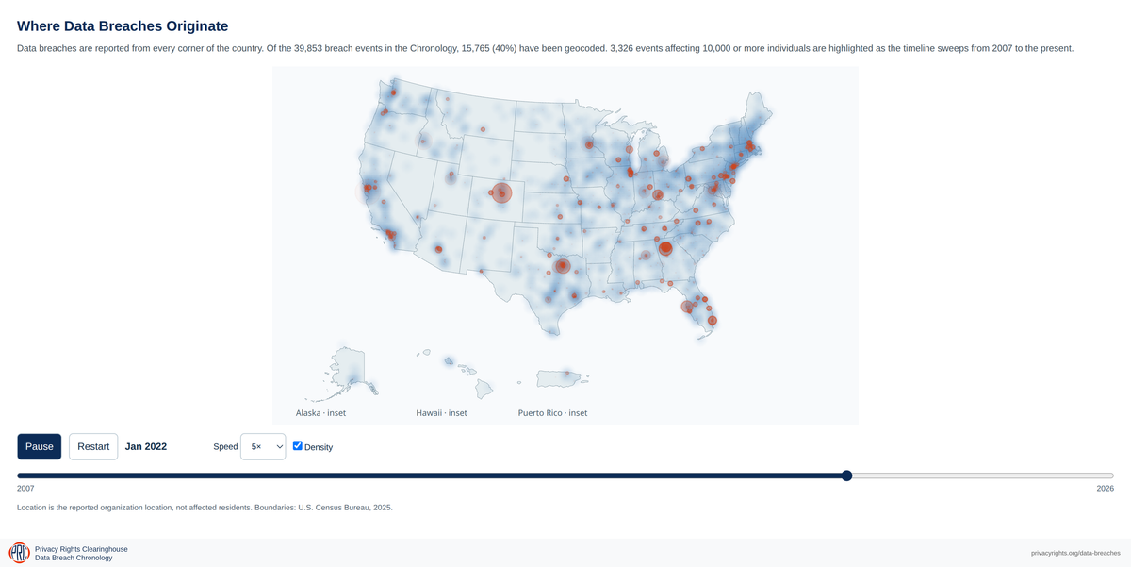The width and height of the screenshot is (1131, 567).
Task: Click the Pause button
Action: pos(40,447)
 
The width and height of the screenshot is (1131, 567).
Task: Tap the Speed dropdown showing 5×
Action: pos(263,447)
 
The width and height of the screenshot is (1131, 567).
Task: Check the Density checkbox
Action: pos(298,445)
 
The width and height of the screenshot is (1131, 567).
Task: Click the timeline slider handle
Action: pos(846,475)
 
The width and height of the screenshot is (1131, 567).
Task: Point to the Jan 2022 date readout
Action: pos(146,447)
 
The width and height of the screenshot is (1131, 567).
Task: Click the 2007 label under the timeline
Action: pos(25,488)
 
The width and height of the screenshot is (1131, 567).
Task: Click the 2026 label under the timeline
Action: pos(1105,488)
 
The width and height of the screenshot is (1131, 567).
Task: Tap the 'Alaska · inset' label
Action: pos(320,413)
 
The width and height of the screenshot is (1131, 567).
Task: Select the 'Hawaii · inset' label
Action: pos(441,413)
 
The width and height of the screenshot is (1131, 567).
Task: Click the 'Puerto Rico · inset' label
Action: pos(552,413)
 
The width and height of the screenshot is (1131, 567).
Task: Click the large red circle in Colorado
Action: pos(501,193)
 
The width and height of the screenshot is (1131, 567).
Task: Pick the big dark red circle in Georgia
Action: pos(665,248)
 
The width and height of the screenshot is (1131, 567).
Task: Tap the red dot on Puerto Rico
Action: pos(567,373)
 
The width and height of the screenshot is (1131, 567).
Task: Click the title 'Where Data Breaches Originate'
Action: pos(123,26)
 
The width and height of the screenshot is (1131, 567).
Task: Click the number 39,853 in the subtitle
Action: pos(308,48)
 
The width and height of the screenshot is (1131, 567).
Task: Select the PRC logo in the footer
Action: pos(19,553)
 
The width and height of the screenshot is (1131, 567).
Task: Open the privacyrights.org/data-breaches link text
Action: pos(1075,554)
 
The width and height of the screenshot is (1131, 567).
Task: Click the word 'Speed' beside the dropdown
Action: pos(225,447)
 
